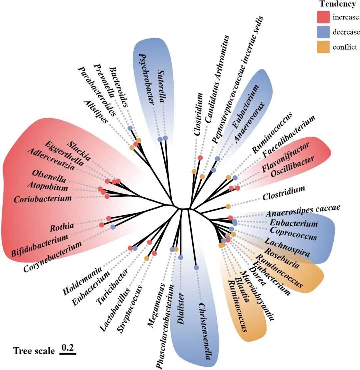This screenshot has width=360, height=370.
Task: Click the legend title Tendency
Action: (x=337, y=4)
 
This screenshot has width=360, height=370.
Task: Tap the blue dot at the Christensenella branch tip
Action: (x=196, y=267)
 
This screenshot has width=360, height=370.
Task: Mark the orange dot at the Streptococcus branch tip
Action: (x=146, y=258)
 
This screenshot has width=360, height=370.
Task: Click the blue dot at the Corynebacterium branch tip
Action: (x=113, y=227)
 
